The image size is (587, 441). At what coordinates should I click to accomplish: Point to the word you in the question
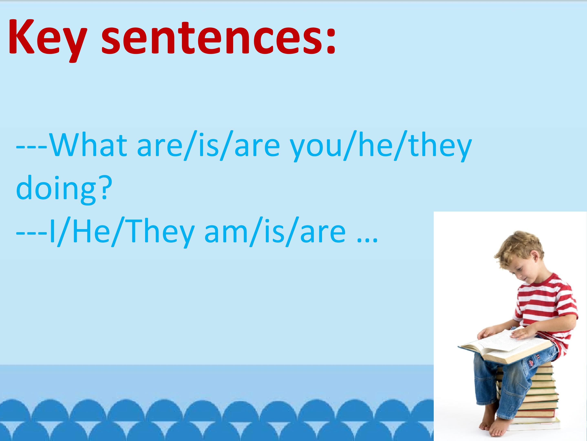pyautogui.click(x=316, y=149)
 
